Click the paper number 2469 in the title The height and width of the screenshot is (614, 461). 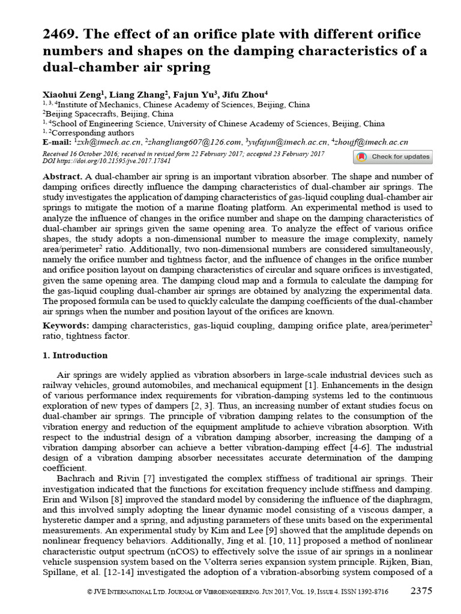[58, 34]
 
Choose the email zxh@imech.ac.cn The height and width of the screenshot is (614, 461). [109, 143]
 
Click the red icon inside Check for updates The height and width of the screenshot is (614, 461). [361, 157]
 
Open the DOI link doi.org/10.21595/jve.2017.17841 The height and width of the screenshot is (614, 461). [114, 161]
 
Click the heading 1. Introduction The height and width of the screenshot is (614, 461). [75, 356]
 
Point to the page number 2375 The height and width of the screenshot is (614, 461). [421, 591]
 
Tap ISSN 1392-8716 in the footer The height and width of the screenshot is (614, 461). [369, 592]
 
